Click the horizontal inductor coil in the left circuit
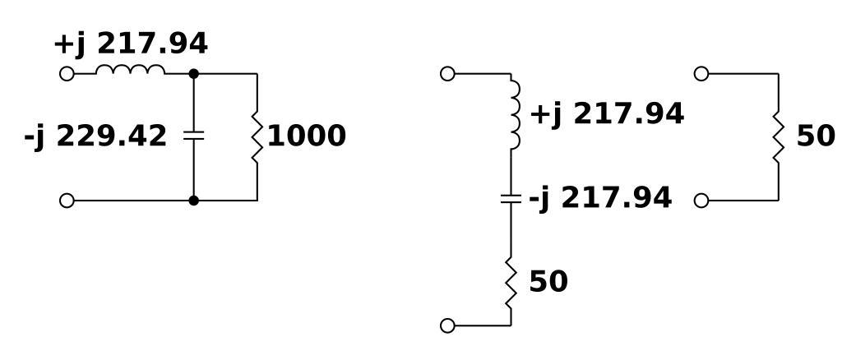coord(130,71)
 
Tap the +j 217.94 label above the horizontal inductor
coord(131,44)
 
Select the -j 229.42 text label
coord(95,136)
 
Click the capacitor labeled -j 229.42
coord(193,136)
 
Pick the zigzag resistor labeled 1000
coord(257,136)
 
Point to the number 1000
coord(307,136)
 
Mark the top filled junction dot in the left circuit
coord(193,73)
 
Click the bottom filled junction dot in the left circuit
coord(193,200)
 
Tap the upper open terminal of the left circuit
coord(67,73)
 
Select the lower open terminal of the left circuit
coord(67,200)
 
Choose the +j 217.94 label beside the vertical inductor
coord(607,114)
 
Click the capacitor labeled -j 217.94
coord(511,198)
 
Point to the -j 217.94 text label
coord(599,198)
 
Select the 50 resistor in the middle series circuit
coord(511,281)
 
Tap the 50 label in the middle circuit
coord(548,282)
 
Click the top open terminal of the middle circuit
coord(447,73)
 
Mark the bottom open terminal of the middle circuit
coord(447,325)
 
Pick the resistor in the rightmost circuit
coord(778,136)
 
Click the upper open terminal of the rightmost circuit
coord(701,73)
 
